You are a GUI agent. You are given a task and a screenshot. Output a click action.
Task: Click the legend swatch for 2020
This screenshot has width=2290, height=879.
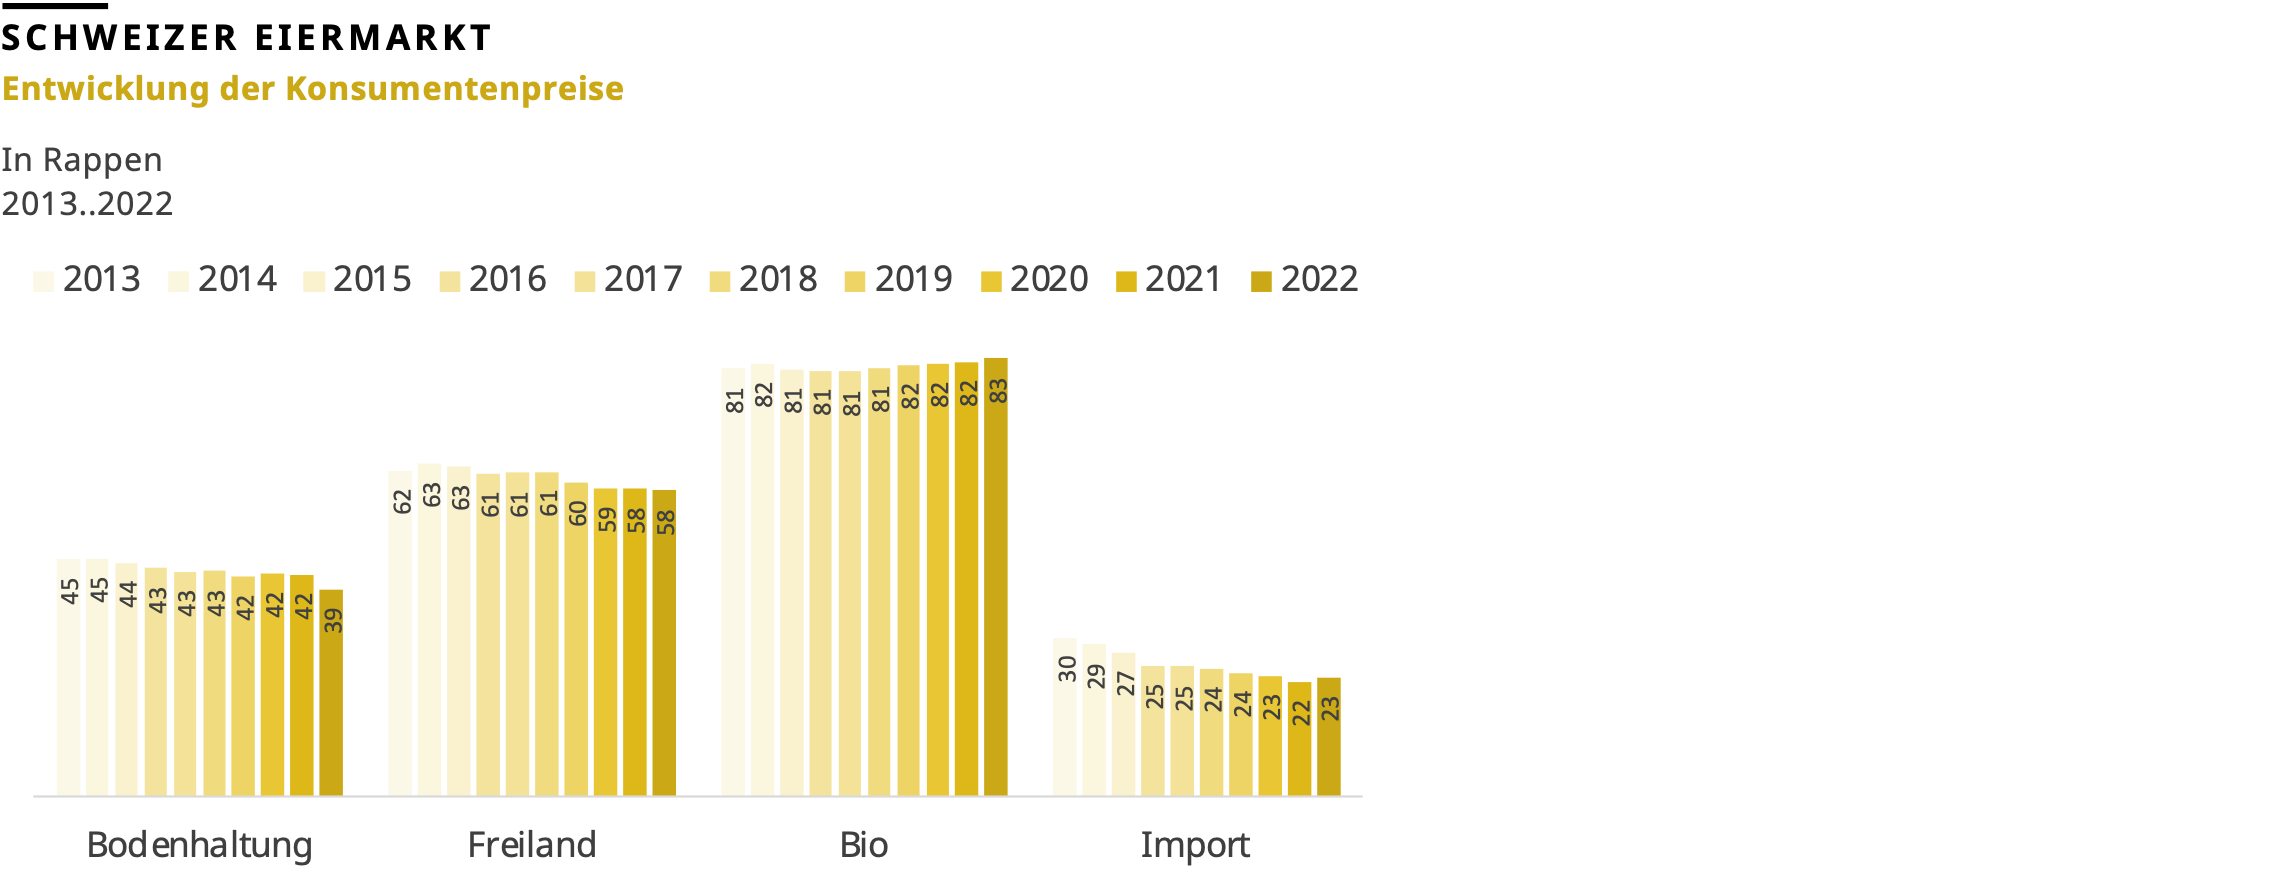(991, 281)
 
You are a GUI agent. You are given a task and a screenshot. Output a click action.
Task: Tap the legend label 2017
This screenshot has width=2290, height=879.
(643, 279)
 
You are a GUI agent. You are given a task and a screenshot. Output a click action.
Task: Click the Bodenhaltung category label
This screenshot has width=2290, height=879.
(199, 845)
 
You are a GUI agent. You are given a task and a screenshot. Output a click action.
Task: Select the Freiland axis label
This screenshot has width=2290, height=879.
(532, 845)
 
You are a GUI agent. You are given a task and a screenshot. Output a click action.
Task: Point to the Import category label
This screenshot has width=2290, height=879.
(1195, 845)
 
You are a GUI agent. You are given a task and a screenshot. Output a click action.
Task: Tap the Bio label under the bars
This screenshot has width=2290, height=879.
(864, 845)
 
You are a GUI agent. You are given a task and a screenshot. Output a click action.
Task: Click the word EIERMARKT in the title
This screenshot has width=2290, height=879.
(373, 38)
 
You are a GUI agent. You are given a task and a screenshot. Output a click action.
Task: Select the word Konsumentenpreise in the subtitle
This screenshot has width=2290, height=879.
(454, 88)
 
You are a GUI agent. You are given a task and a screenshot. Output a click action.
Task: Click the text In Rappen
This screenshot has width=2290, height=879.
(82, 160)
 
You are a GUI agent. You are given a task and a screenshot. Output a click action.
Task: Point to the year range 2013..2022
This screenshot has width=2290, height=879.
(87, 204)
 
